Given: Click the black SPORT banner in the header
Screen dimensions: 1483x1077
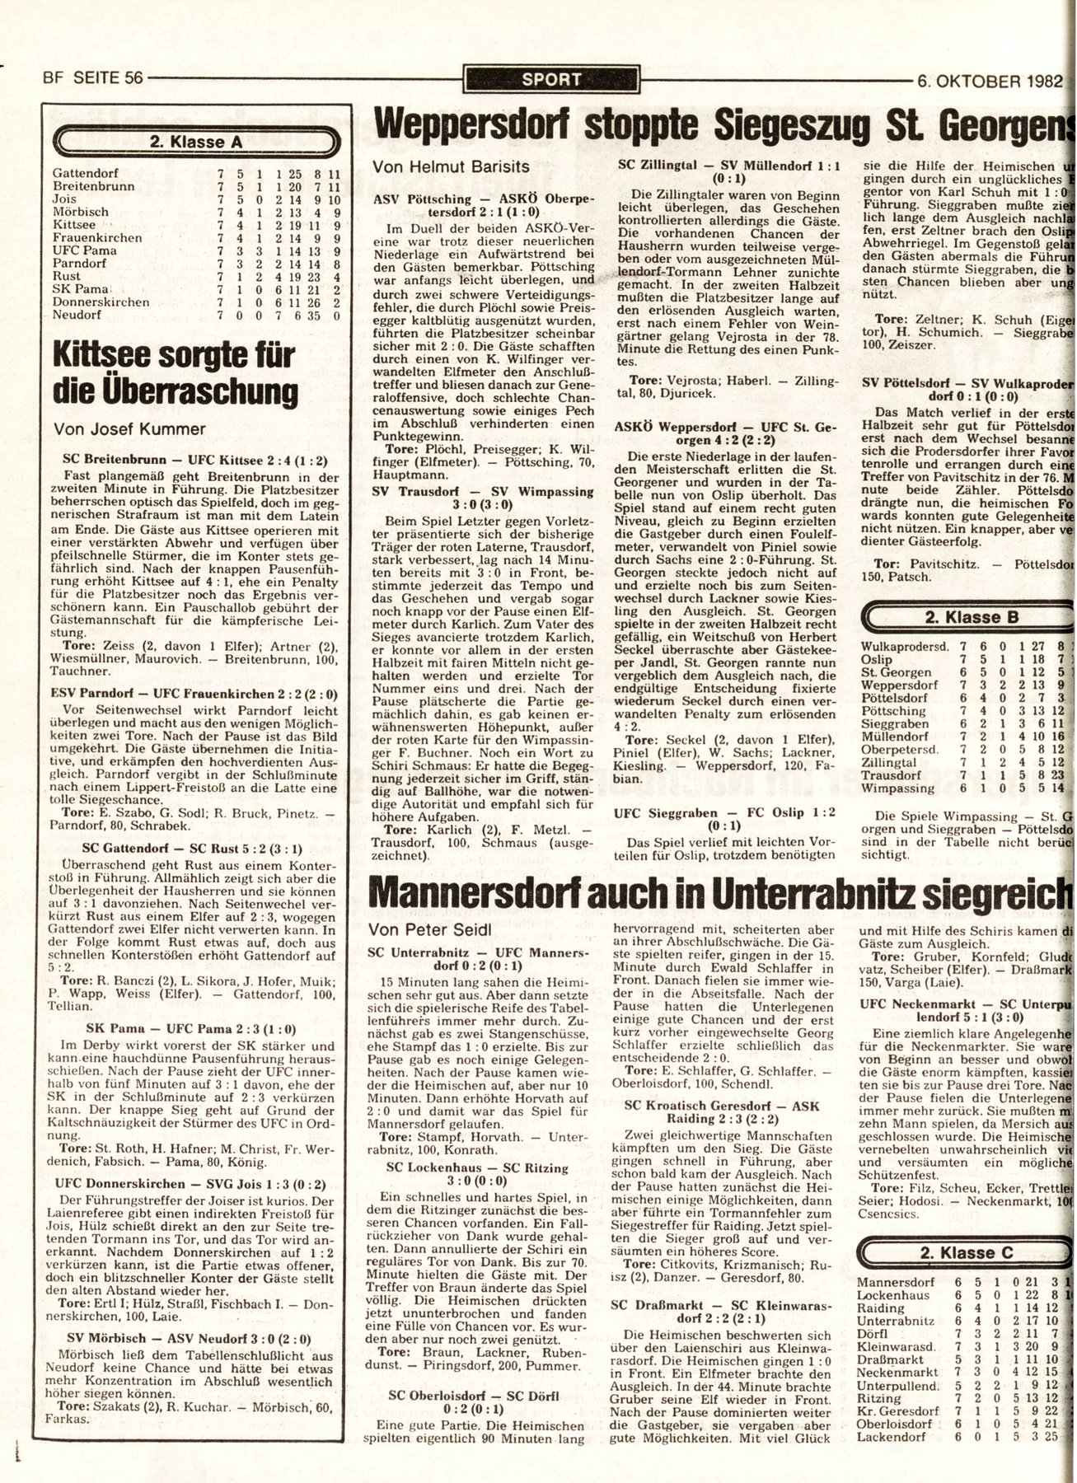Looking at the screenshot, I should click(551, 80).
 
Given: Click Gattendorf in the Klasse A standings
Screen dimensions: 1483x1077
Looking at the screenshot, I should click(85, 174).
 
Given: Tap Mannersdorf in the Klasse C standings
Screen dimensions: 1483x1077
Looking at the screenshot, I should click(893, 1283).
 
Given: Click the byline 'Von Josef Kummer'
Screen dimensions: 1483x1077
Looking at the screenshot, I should click(129, 428).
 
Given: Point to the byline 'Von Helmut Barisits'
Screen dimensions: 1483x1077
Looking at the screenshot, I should click(451, 166).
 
